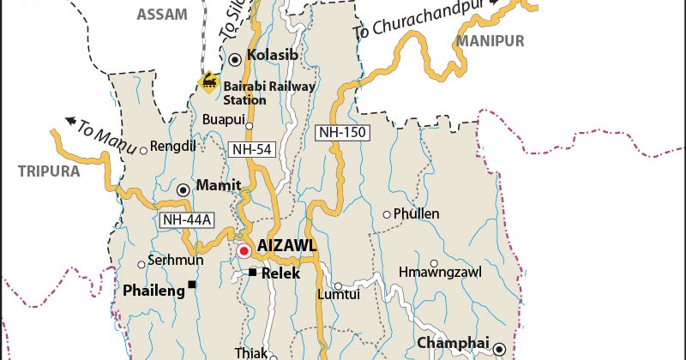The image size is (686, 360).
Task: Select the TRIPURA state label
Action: (49, 171)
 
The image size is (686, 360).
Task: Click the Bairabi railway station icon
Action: (208, 81)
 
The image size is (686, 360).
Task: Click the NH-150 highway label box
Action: (339, 132)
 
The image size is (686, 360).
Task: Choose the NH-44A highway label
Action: (185, 219)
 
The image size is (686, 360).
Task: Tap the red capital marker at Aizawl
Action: (244, 251)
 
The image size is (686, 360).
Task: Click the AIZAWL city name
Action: (287, 246)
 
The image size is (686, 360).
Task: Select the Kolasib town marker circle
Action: (234, 58)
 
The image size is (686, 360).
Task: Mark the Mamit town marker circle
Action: (183, 189)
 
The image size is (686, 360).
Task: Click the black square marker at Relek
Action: (253, 273)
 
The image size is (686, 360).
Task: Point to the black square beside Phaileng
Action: (193, 285)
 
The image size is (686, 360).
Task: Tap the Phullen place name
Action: (416, 213)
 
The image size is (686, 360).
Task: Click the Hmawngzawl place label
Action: (440, 273)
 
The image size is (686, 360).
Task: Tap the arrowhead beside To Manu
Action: (69, 121)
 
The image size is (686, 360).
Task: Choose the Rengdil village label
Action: (173, 147)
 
